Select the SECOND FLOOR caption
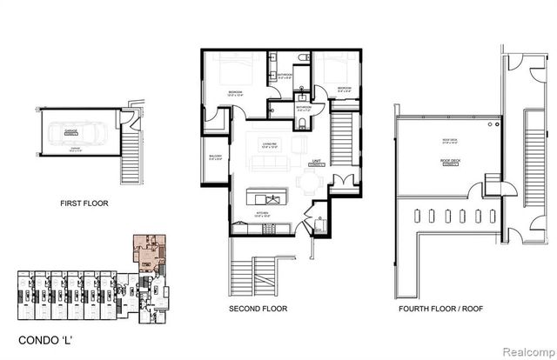click(258, 309)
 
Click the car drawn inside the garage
click(86, 138)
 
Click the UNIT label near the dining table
click(316, 163)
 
